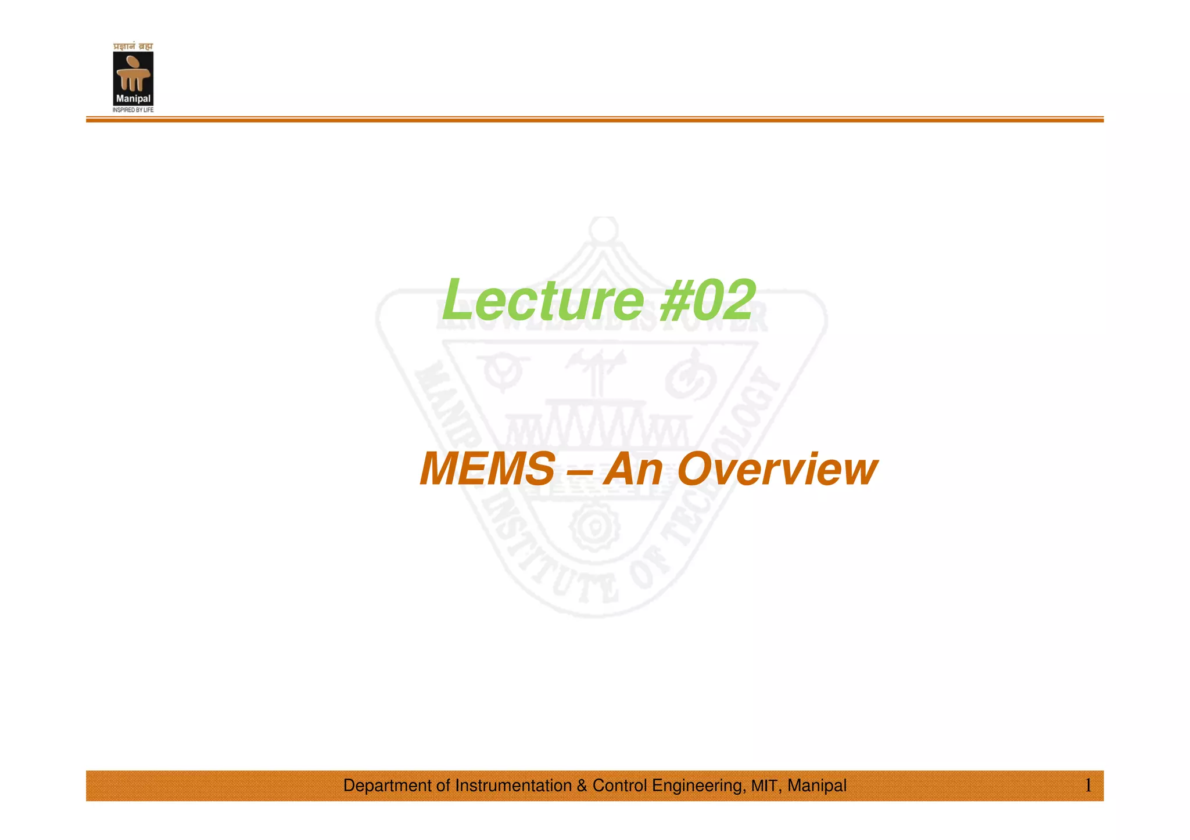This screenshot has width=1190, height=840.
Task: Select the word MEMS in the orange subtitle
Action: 487,469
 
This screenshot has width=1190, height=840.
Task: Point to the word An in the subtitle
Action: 633,469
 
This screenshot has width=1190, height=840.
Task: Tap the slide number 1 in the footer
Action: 1088,785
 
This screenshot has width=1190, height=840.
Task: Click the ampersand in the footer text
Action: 582,785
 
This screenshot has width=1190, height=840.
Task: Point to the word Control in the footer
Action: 619,785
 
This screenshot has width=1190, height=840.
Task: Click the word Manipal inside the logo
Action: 133,99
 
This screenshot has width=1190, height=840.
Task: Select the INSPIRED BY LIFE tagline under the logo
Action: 133,110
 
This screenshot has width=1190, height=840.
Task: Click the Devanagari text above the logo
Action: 133,46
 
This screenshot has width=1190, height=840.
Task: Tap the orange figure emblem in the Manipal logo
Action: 133,73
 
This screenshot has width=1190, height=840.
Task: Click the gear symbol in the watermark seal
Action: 594,527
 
